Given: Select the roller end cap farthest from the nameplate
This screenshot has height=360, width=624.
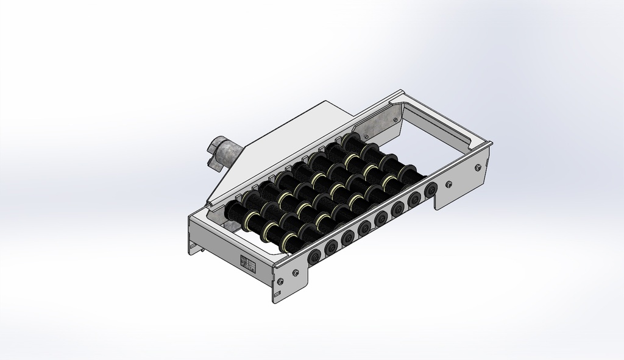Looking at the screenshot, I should pyautogui.click(x=431, y=188).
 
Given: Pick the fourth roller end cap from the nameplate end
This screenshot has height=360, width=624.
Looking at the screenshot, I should pyautogui.click(x=365, y=227).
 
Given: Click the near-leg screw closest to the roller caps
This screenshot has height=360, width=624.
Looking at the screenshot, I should pyautogui.click(x=296, y=272).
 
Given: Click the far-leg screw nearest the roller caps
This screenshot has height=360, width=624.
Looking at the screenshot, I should pyautogui.click(x=449, y=184).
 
